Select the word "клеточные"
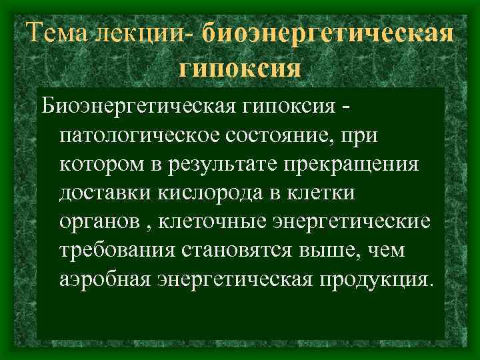pos(213,221)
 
